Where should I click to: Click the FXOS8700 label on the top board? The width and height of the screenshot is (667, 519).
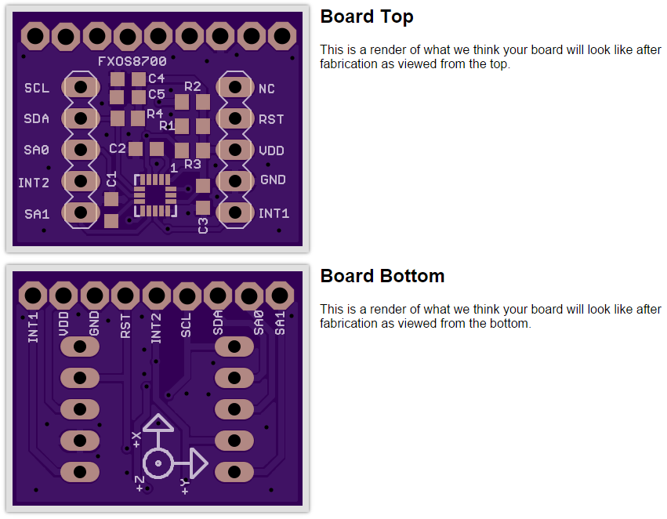(x=132, y=62)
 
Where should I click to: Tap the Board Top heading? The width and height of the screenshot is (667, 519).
(x=367, y=17)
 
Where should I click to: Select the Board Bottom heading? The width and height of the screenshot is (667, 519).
(x=382, y=276)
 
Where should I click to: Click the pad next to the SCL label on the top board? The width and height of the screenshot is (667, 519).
(x=81, y=87)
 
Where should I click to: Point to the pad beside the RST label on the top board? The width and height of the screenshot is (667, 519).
(x=235, y=118)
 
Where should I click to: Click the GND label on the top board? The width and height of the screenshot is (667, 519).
(x=273, y=180)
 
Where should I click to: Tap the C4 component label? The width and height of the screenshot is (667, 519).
(x=157, y=78)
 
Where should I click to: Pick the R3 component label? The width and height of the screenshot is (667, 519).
(x=193, y=164)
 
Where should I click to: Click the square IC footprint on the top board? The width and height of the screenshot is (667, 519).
(x=155, y=196)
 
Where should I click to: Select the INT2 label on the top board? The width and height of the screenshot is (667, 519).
(x=34, y=183)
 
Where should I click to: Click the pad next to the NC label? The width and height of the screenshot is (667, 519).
(x=235, y=87)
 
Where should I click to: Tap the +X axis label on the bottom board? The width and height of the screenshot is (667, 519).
(x=136, y=440)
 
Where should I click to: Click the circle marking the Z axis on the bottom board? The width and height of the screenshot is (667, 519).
(x=158, y=463)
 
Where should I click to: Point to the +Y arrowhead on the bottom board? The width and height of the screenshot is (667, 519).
(x=198, y=463)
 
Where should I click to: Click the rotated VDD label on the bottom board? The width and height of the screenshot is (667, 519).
(x=63, y=324)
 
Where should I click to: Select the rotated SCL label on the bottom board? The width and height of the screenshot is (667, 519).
(x=186, y=325)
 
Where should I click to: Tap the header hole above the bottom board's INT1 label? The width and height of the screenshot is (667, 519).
(x=33, y=296)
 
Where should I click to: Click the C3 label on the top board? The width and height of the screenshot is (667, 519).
(x=203, y=226)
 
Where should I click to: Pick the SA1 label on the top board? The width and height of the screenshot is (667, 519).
(x=37, y=214)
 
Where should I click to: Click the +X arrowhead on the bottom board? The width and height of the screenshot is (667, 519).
(x=158, y=423)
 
